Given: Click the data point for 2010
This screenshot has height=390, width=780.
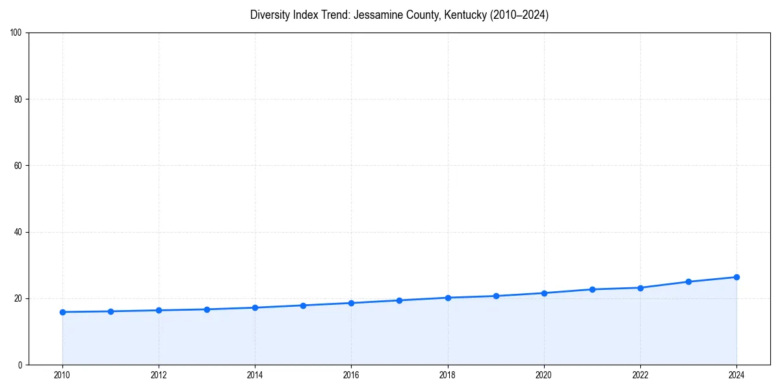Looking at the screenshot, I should tap(62, 312).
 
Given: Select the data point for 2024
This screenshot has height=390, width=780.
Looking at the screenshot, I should tap(736, 277).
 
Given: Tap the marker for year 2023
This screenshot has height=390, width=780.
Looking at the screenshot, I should tap(688, 281).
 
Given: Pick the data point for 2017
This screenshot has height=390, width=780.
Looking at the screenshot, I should tap(399, 300).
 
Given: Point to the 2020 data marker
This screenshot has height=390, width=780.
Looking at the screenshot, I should tap(544, 293).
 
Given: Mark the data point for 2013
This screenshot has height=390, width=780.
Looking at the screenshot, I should tap(207, 309).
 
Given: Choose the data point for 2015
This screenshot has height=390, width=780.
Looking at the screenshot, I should tap(303, 305).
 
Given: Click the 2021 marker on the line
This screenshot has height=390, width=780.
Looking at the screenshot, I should tap(592, 289).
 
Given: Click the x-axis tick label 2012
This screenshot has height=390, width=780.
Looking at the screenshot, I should tap(159, 375).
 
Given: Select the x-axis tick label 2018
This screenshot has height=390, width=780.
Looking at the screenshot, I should tap(447, 375).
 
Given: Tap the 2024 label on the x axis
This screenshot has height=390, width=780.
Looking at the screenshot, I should tap(736, 375).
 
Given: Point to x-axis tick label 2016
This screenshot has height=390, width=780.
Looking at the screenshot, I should tap(351, 375).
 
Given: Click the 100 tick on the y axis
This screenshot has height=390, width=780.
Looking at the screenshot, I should tap(17, 33).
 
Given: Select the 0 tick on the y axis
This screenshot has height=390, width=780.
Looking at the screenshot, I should tap(21, 365).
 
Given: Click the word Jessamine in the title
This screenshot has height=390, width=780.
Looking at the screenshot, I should tap(376, 15).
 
